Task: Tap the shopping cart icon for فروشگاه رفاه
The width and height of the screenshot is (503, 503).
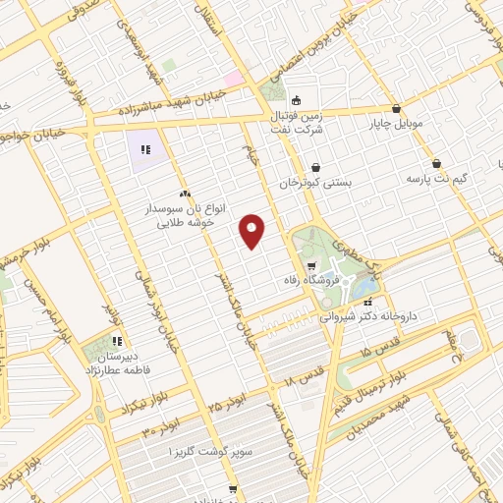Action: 311,265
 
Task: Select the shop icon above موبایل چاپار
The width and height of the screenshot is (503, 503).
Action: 396,109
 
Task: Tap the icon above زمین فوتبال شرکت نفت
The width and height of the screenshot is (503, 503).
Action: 294,100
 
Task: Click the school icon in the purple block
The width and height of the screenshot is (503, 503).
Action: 144,150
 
